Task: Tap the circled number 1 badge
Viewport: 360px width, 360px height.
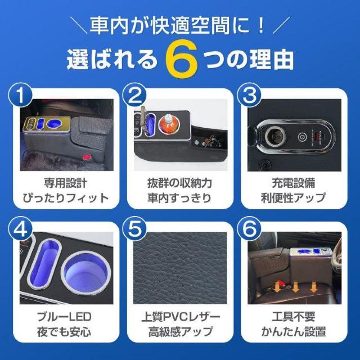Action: [x=21, y=97]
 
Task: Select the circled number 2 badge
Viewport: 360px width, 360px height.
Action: [x=134, y=97]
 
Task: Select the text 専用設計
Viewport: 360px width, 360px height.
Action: [x=65, y=183]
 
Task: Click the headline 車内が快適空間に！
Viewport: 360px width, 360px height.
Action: [x=180, y=25]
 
